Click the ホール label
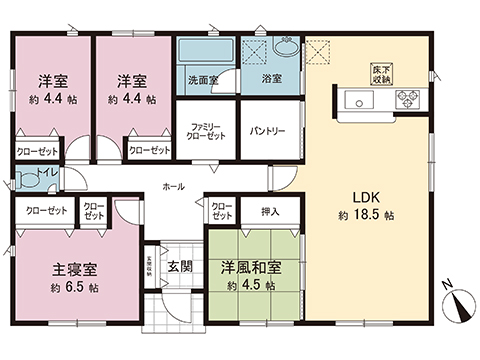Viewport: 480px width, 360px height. pos(172,186)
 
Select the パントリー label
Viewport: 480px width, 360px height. pos(267,131)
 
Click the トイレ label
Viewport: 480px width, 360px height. pos(46,173)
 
